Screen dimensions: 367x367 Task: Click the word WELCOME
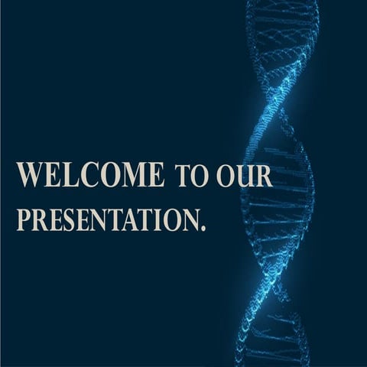click(90, 174)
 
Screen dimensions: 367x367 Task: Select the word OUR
click(245, 177)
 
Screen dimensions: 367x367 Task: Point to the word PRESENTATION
click(109, 219)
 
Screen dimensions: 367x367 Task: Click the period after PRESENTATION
click(203, 229)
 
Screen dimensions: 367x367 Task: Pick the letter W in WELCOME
click(30, 174)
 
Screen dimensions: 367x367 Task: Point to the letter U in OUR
click(245, 177)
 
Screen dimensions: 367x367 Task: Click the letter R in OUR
click(264, 177)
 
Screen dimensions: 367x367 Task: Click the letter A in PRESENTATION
click(132, 220)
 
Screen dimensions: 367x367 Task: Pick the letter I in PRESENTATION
click(158, 220)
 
